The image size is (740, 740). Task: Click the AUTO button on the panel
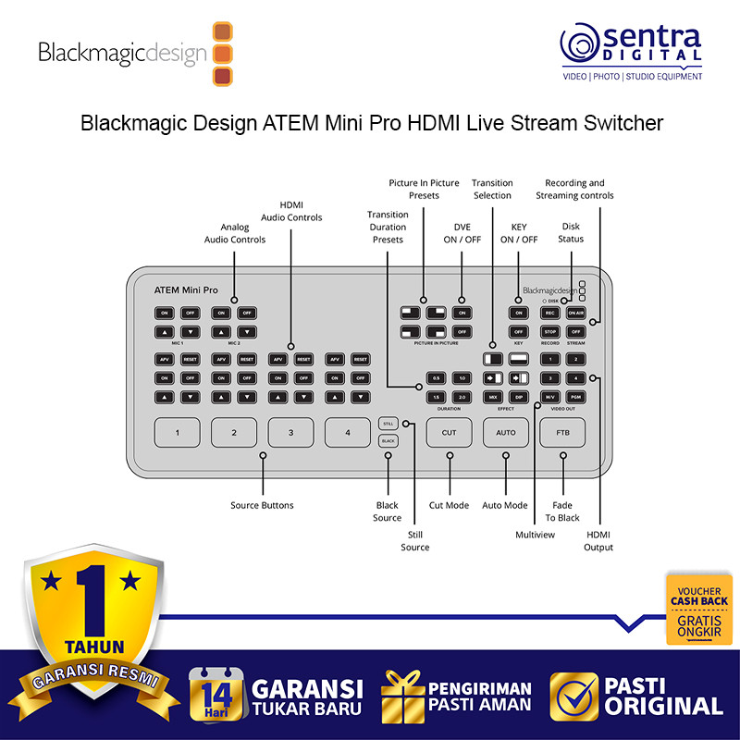tap(506, 432)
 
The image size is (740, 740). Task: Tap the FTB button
tap(562, 432)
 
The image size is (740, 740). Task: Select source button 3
tap(291, 432)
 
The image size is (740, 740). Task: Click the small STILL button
tap(388, 423)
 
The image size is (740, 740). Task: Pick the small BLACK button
tap(388, 441)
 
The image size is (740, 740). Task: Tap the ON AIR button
tap(575, 313)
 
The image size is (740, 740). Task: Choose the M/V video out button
tap(550, 396)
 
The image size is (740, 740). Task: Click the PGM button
tap(575, 396)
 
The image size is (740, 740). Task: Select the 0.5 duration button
tap(436, 378)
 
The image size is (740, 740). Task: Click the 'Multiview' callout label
tap(536, 535)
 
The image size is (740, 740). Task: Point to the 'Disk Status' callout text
tap(571, 232)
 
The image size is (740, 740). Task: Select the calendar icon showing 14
tap(216, 694)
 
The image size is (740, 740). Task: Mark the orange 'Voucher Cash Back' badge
tap(698, 609)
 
